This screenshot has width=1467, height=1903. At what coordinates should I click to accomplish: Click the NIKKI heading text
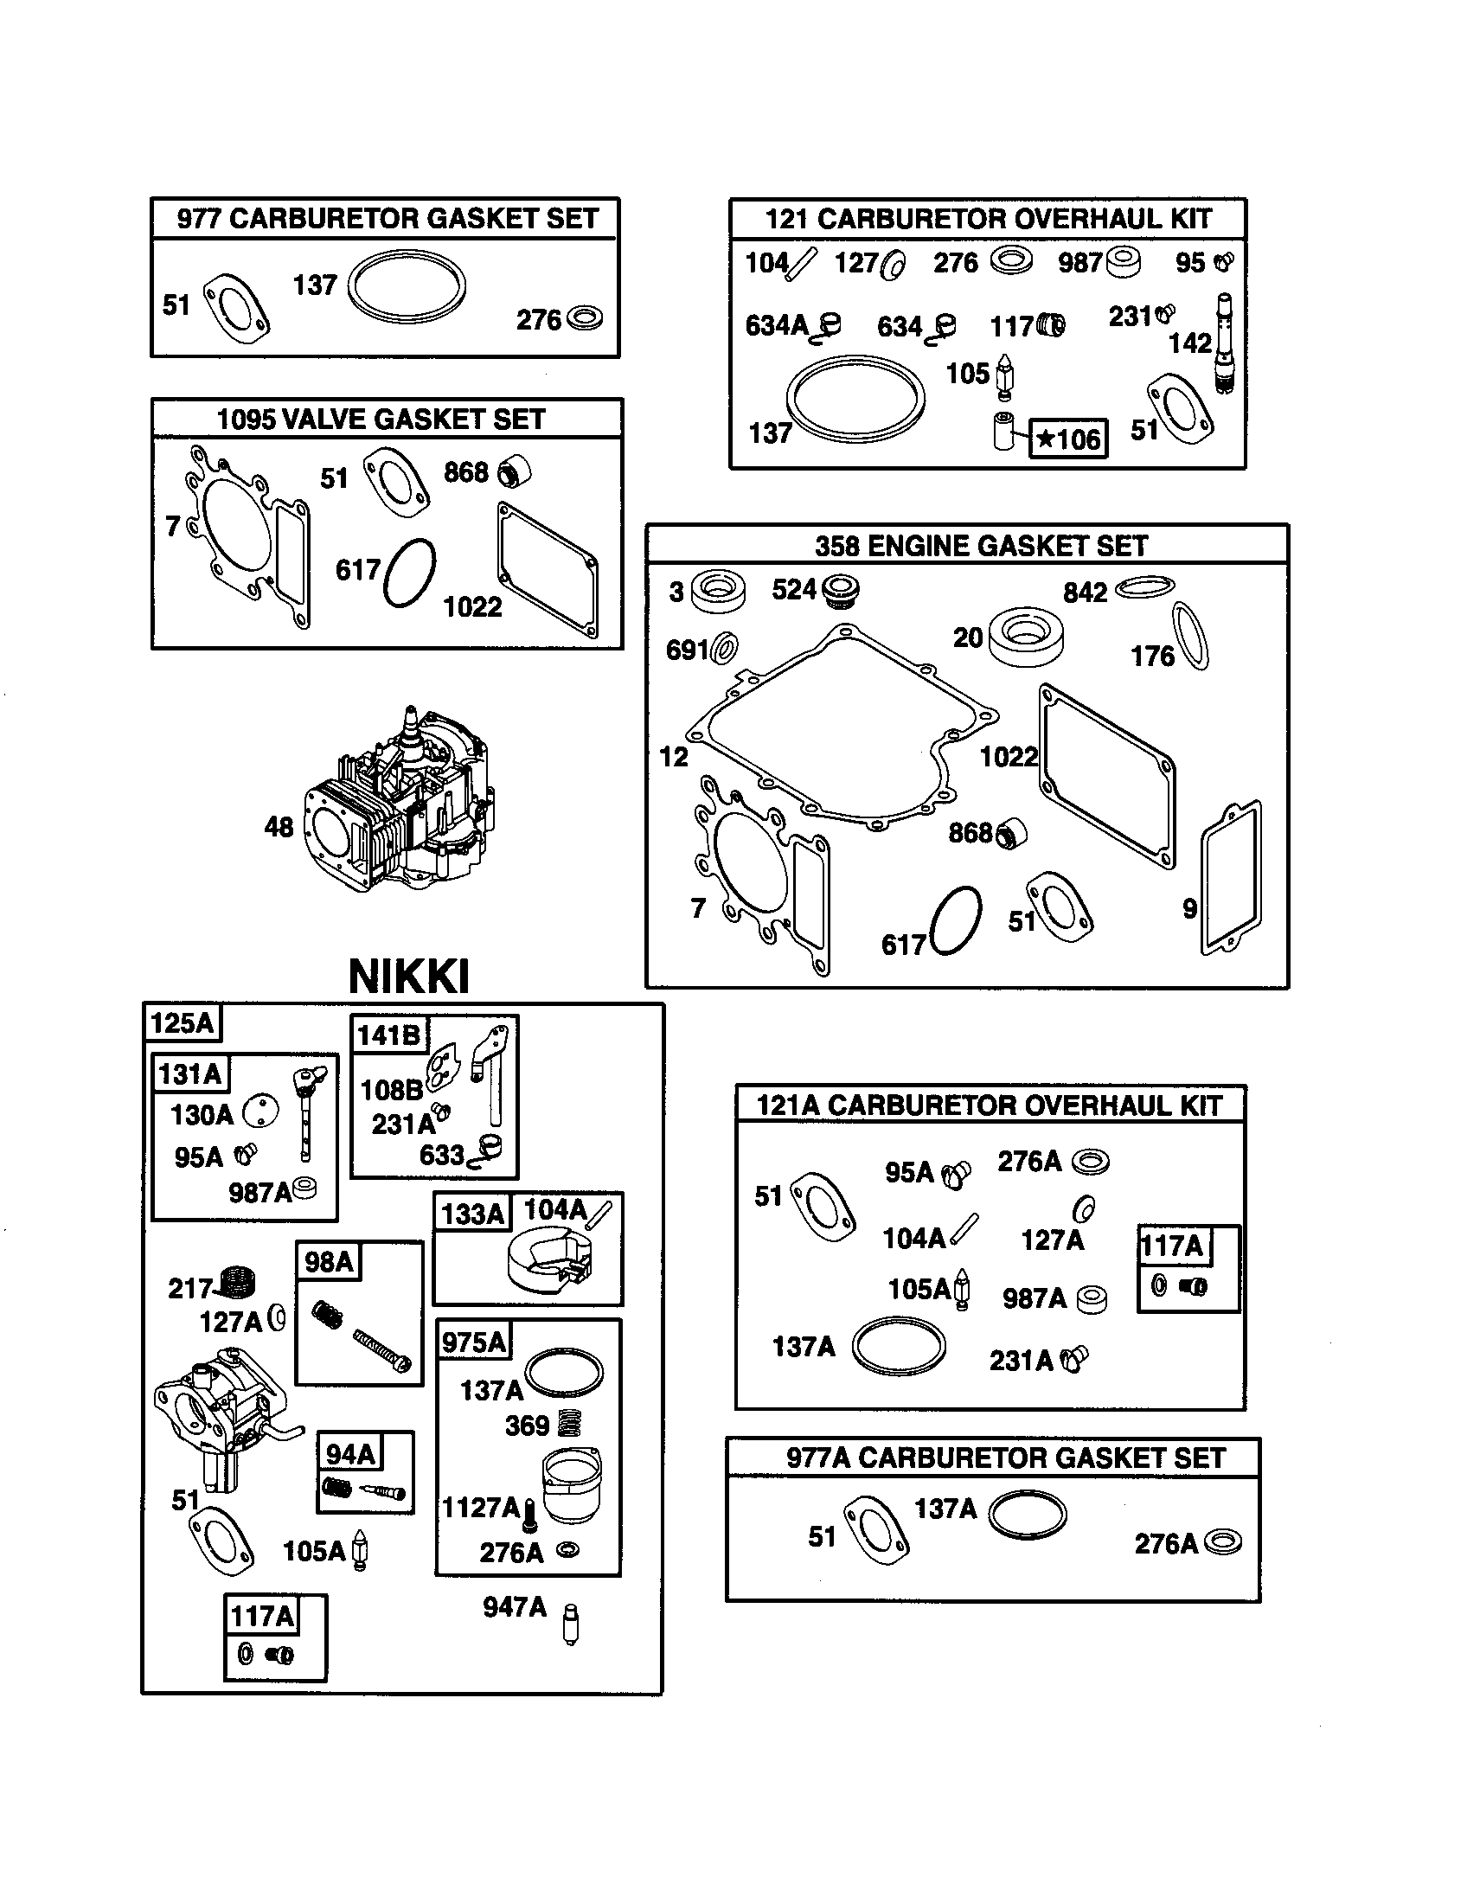click(x=408, y=977)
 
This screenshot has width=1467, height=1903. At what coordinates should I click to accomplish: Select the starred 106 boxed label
click(x=1069, y=439)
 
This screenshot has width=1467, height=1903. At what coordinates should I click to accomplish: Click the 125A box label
click(x=182, y=1023)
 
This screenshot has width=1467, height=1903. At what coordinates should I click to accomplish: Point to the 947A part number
click(x=515, y=1608)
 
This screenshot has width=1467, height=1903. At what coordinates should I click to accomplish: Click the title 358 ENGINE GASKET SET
click(x=981, y=547)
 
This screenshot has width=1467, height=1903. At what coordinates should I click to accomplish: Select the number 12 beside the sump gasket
click(x=674, y=757)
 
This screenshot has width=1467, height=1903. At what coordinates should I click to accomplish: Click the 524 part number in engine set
click(x=793, y=591)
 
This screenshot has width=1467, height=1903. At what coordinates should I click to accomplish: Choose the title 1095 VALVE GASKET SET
click(x=381, y=420)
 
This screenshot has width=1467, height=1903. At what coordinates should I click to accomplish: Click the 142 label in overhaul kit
click(x=1189, y=343)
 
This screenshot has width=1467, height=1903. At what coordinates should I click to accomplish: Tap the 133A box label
click(x=472, y=1214)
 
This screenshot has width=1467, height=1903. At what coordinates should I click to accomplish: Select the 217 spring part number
click(x=190, y=1289)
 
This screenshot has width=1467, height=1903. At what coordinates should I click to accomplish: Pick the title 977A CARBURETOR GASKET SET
click(x=1005, y=1458)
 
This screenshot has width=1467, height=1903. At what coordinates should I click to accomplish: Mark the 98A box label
click(x=329, y=1262)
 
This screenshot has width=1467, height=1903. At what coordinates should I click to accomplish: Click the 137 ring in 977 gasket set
click(x=406, y=288)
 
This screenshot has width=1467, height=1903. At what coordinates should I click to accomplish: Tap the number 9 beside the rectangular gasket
click(x=1189, y=909)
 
